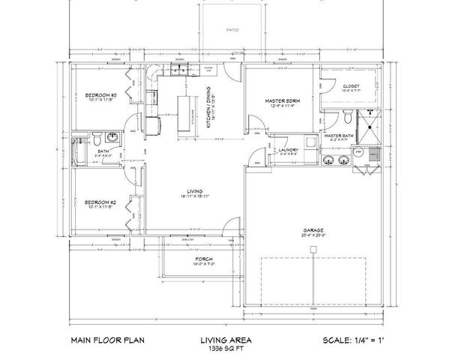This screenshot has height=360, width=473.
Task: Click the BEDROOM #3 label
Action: pyautogui.click(x=100, y=96)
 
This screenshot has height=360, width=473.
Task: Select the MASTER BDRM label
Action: pyautogui.click(x=283, y=100)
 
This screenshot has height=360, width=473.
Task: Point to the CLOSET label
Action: pyautogui.click(x=351, y=86)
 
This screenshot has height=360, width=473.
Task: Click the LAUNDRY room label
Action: pyautogui.click(x=289, y=150)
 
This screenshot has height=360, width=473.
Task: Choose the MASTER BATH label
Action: pyautogui.click(x=340, y=135)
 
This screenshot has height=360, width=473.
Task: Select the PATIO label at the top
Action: pyautogui.click(x=233, y=31)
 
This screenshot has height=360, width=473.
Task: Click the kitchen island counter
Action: pyautogui.click(x=181, y=116)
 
